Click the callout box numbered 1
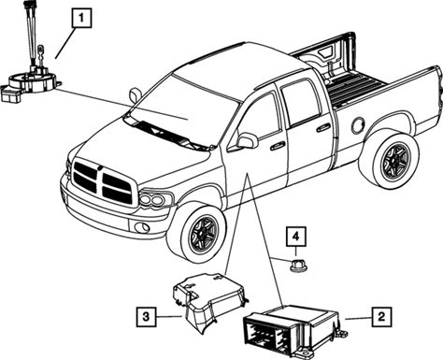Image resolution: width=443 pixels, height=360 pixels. (x=81, y=18)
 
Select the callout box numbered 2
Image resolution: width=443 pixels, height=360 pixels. (x=381, y=317)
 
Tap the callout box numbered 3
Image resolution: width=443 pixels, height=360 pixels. (x=146, y=317)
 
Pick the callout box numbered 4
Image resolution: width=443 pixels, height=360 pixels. (x=296, y=237)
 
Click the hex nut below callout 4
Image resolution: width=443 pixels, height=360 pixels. (x=299, y=266)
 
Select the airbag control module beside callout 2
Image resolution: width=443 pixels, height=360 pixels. (x=294, y=331)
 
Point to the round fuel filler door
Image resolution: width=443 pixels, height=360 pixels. (x=358, y=125)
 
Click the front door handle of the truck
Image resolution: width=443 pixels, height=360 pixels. (x=278, y=146)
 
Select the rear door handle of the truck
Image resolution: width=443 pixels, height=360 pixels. (x=323, y=127)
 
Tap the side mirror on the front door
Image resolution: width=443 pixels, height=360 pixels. (x=248, y=140)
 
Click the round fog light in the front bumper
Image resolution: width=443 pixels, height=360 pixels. (x=142, y=228)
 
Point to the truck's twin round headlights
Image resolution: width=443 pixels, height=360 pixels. (x=153, y=199)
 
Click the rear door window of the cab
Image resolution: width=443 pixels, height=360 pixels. (x=300, y=102)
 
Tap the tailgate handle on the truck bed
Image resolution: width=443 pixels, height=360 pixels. (x=327, y=53)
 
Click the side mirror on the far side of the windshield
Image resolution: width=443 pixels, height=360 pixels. (x=135, y=95)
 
